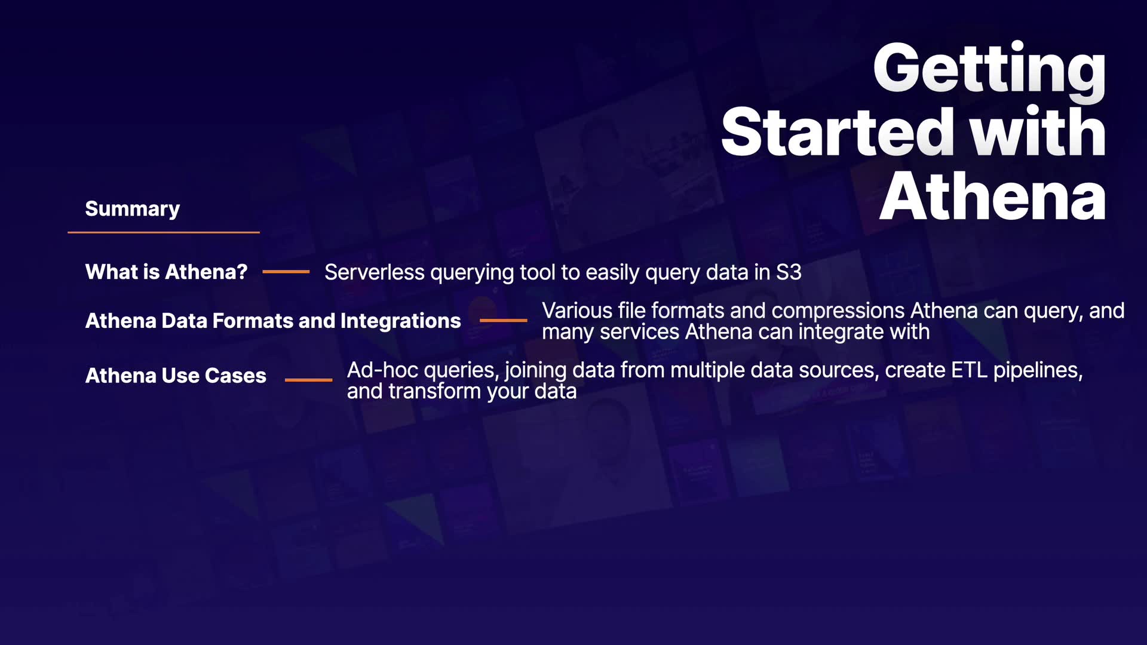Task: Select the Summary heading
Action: pyautogui.click(x=132, y=209)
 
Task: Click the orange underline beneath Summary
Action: pyautogui.click(x=164, y=232)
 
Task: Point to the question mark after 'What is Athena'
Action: pyautogui.click(x=241, y=272)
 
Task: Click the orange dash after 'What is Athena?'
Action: pyautogui.click(x=286, y=272)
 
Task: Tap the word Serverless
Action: pyautogui.click(x=375, y=272)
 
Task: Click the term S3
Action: pyautogui.click(x=789, y=272)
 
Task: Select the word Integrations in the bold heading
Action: pyautogui.click(x=400, y=321)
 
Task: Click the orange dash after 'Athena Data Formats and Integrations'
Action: pyautogui.click(x=504, y=321)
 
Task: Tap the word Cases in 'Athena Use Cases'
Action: pyautogui.click(x=235, y=376)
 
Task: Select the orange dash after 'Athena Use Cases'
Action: pyautogui.click(x=308, y=380)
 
